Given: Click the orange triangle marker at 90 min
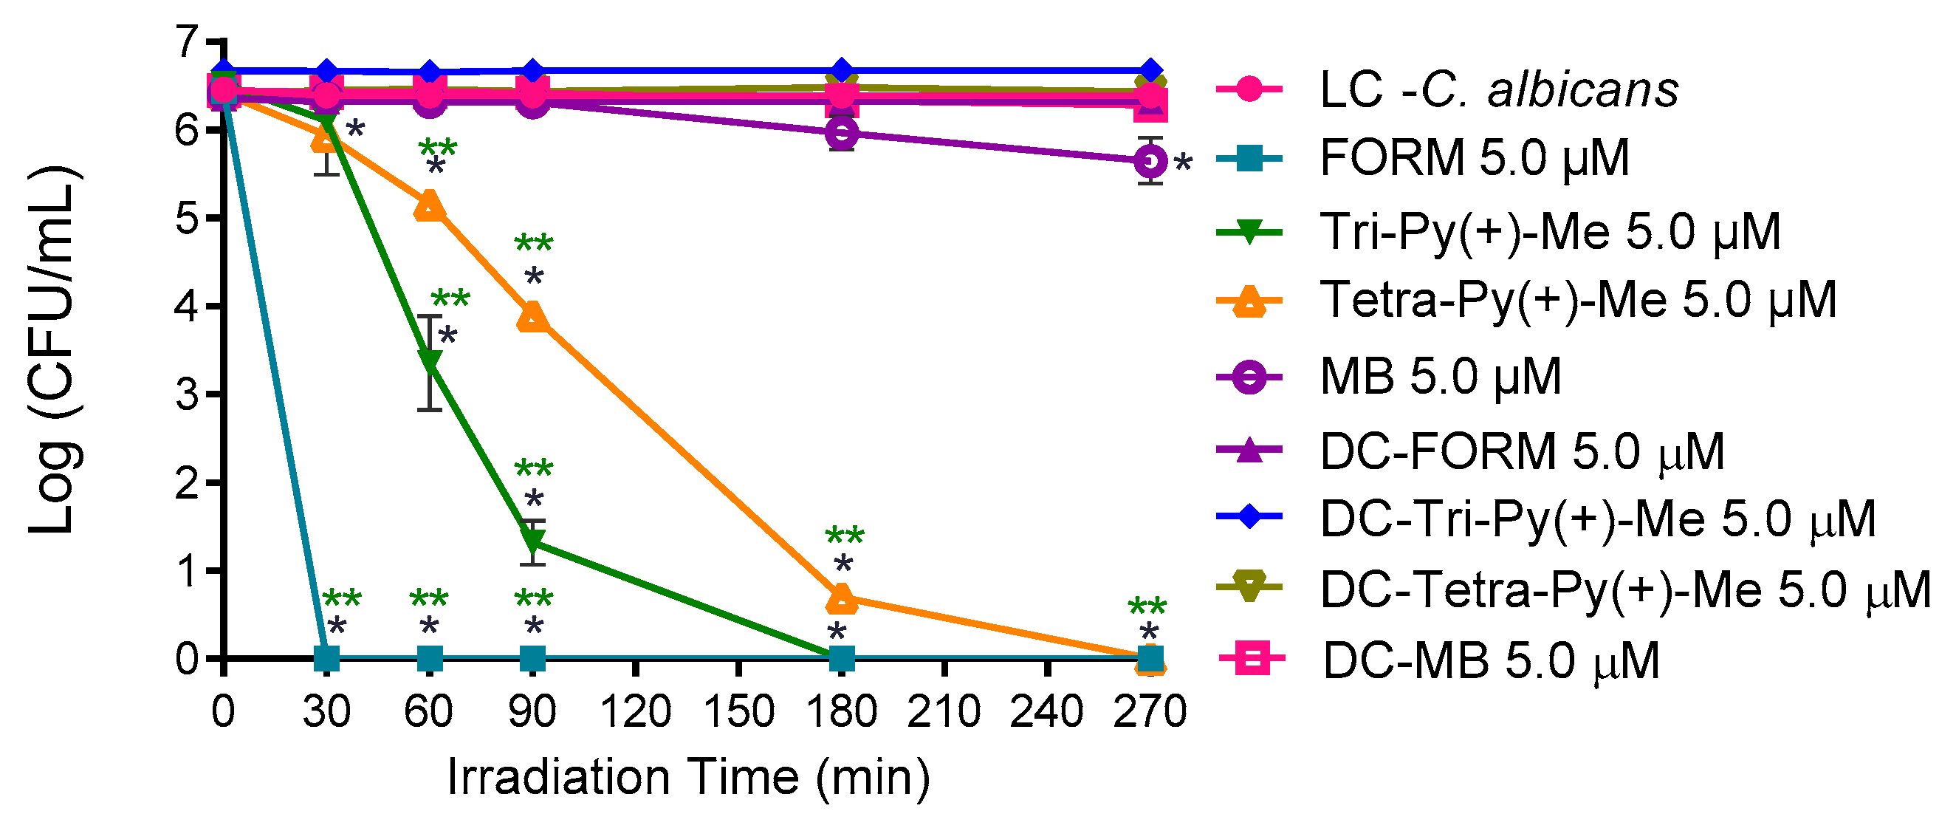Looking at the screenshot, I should pos(533,318).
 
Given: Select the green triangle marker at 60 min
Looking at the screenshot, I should pos(430,361).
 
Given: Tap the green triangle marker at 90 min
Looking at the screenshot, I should pos(533,541).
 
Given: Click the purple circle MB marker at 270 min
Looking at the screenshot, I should pos(1150,161).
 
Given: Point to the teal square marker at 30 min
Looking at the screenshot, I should pos(326,657).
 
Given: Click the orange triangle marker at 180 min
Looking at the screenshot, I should pos(841,598).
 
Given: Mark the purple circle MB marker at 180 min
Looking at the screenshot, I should pos(841,134).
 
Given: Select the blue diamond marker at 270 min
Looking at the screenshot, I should pos(1150,70).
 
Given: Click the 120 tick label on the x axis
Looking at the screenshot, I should pos(636,712).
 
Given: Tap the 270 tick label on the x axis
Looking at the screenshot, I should pos(1150,712).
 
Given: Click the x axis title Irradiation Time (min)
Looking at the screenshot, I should pos(688,778).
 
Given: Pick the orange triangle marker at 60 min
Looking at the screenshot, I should pos(430,207).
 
